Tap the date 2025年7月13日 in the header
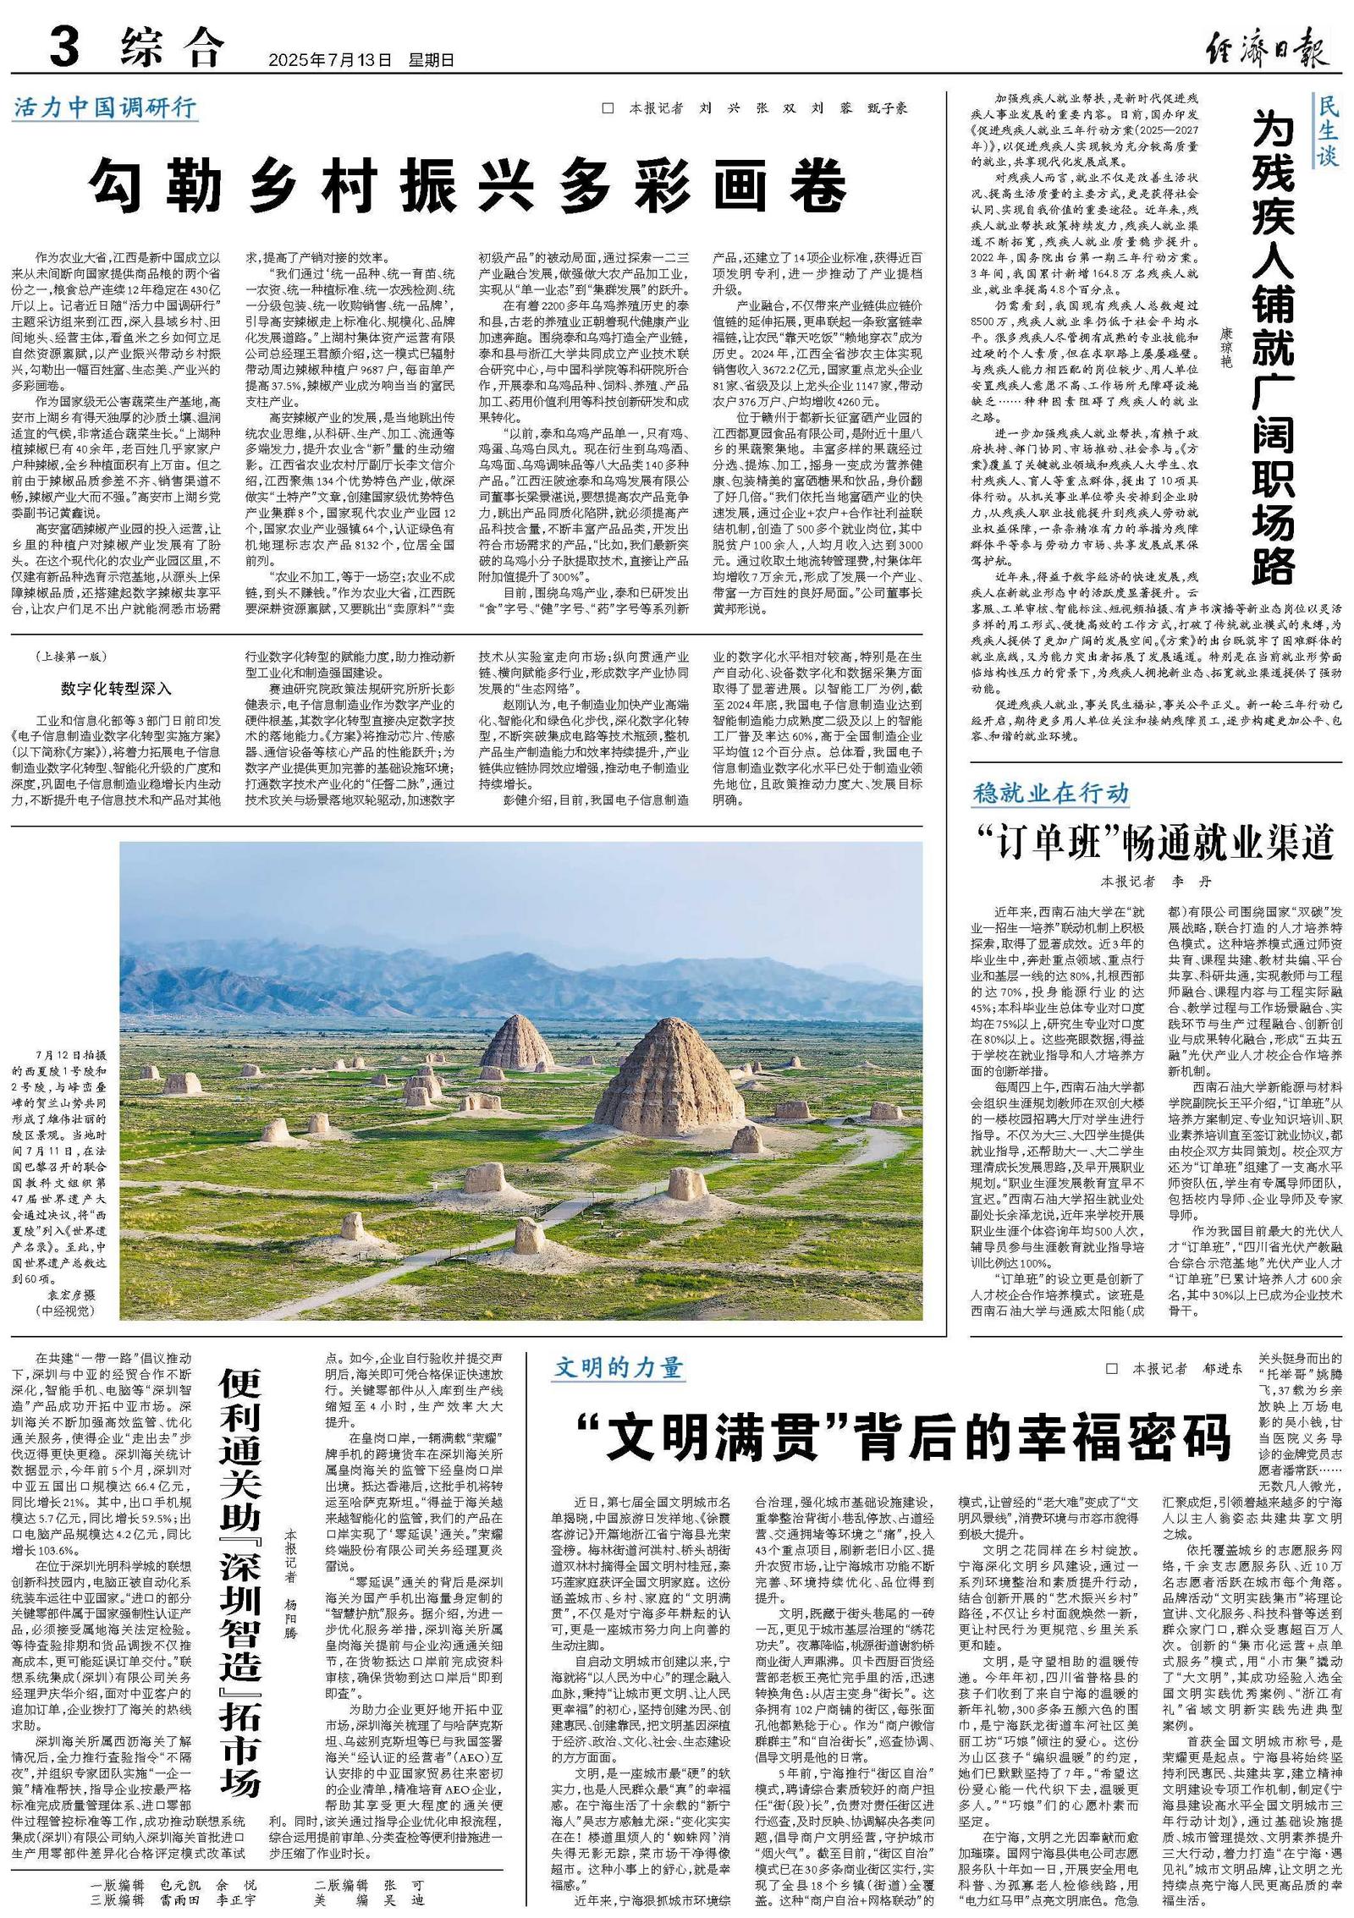331,60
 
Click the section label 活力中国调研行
106,107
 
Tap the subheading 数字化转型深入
116,688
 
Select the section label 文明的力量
619,1368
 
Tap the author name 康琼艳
1227,347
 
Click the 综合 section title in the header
173,47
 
